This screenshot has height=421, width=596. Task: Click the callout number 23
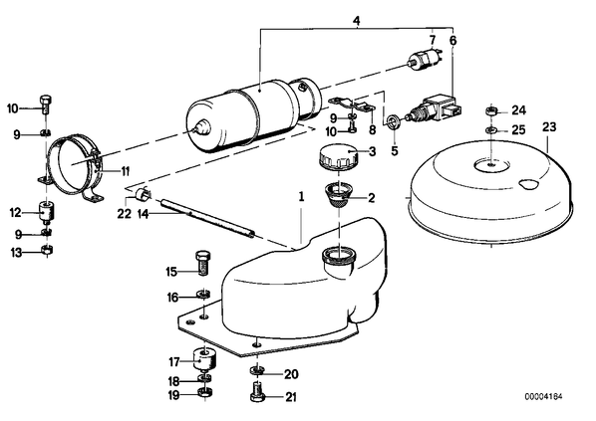pos(549,126)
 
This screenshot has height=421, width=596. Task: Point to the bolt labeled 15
pos(203,262)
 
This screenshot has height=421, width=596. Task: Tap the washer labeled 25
pos(491,130)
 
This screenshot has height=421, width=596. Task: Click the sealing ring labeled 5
pos(392,122)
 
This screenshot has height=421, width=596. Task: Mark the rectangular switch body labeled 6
pos(441,105)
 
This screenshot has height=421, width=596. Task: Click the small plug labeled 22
pos(142,193)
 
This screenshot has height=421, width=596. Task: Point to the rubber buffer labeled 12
pos(47,212)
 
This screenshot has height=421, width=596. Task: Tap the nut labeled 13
pos(47,251)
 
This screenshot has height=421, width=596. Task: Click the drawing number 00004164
pos(543,397)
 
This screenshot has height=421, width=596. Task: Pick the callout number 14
pos(143,214)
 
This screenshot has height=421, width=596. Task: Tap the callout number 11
pos(126,171)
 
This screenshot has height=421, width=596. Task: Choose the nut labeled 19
pos(205,392)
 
